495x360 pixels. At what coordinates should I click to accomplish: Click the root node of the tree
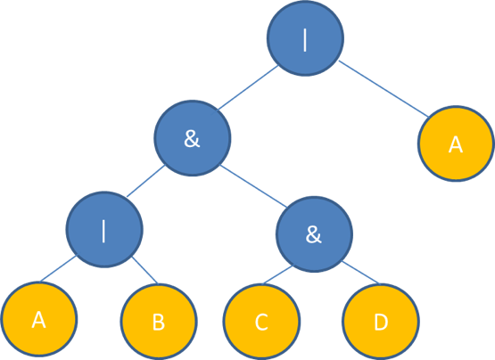305,38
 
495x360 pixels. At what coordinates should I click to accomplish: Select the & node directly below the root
193,138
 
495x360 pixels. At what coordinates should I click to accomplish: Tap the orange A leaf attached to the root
456,143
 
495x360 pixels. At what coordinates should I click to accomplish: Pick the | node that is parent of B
104,229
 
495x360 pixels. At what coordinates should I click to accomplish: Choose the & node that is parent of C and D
314,234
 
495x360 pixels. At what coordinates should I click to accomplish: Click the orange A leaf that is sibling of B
39,319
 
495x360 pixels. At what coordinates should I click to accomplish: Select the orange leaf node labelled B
159,322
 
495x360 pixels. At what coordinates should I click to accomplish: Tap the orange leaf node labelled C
261,322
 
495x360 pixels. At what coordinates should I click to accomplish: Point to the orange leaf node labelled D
381,322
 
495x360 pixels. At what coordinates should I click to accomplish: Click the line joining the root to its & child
248,87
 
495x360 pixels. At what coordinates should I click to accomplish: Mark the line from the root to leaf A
384,88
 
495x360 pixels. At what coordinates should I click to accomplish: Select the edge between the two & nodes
253,186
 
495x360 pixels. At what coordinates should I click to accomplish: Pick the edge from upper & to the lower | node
145,181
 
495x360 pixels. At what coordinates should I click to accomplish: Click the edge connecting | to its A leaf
58,268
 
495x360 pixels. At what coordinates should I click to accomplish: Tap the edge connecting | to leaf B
144,270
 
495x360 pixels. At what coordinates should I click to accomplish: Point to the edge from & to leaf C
278,274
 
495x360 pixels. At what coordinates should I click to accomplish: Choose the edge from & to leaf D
360,273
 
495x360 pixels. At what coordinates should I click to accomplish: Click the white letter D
381,323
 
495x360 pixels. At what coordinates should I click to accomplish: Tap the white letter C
261,323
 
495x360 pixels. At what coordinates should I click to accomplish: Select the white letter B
159,323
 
